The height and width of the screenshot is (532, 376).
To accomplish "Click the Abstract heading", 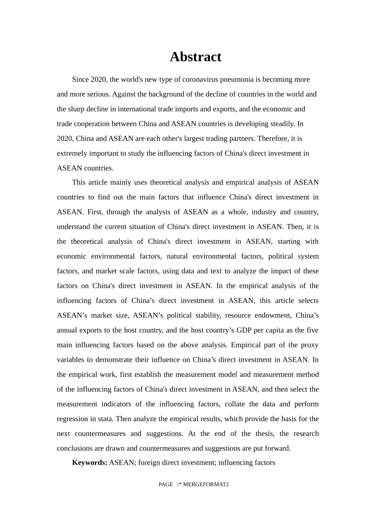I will click(x=196, y=57).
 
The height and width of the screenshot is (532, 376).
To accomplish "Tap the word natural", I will click(x=177, y=256).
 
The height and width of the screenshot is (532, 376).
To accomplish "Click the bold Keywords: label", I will click(x=89, y=463).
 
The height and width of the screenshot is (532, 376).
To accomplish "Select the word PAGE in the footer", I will click(x=165, y=484).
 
